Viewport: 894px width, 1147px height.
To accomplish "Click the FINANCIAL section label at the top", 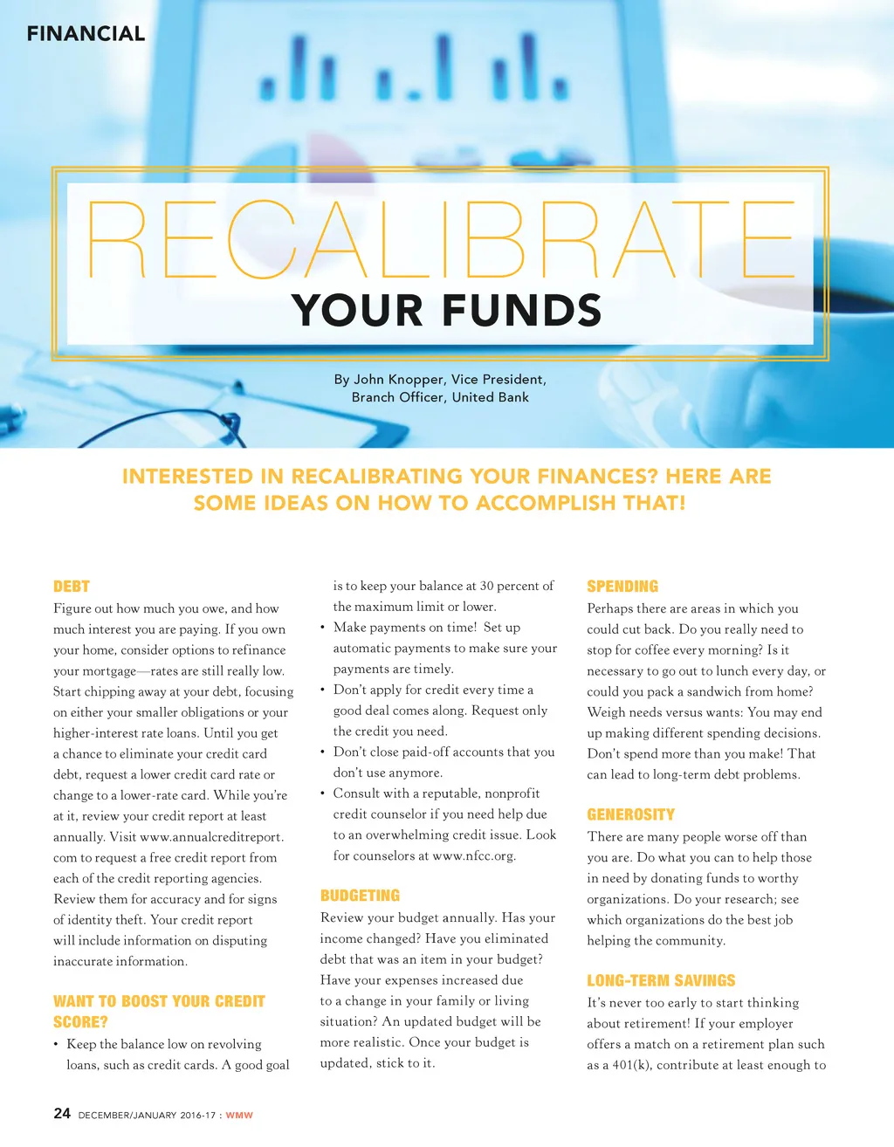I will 86,34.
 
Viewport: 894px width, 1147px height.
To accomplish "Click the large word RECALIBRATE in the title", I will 441,240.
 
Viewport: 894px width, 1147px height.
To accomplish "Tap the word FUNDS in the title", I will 522,311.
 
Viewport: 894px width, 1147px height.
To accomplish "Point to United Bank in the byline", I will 490,397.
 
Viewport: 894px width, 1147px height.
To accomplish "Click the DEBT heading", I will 72,587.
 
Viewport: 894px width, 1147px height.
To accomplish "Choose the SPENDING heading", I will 622,587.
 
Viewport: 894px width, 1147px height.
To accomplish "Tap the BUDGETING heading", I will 360,896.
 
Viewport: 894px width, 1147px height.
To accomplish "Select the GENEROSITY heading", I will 630,814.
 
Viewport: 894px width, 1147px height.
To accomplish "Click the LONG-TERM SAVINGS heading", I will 661,980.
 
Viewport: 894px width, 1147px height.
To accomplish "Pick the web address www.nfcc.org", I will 473,856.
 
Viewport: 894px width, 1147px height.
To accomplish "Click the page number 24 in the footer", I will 62,1113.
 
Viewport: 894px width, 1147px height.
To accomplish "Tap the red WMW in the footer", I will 239,1116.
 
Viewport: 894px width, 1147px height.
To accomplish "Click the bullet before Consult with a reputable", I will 323,793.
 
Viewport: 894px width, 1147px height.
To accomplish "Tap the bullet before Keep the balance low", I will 57,1044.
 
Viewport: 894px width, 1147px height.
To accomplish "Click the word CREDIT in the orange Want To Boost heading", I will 239,1001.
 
